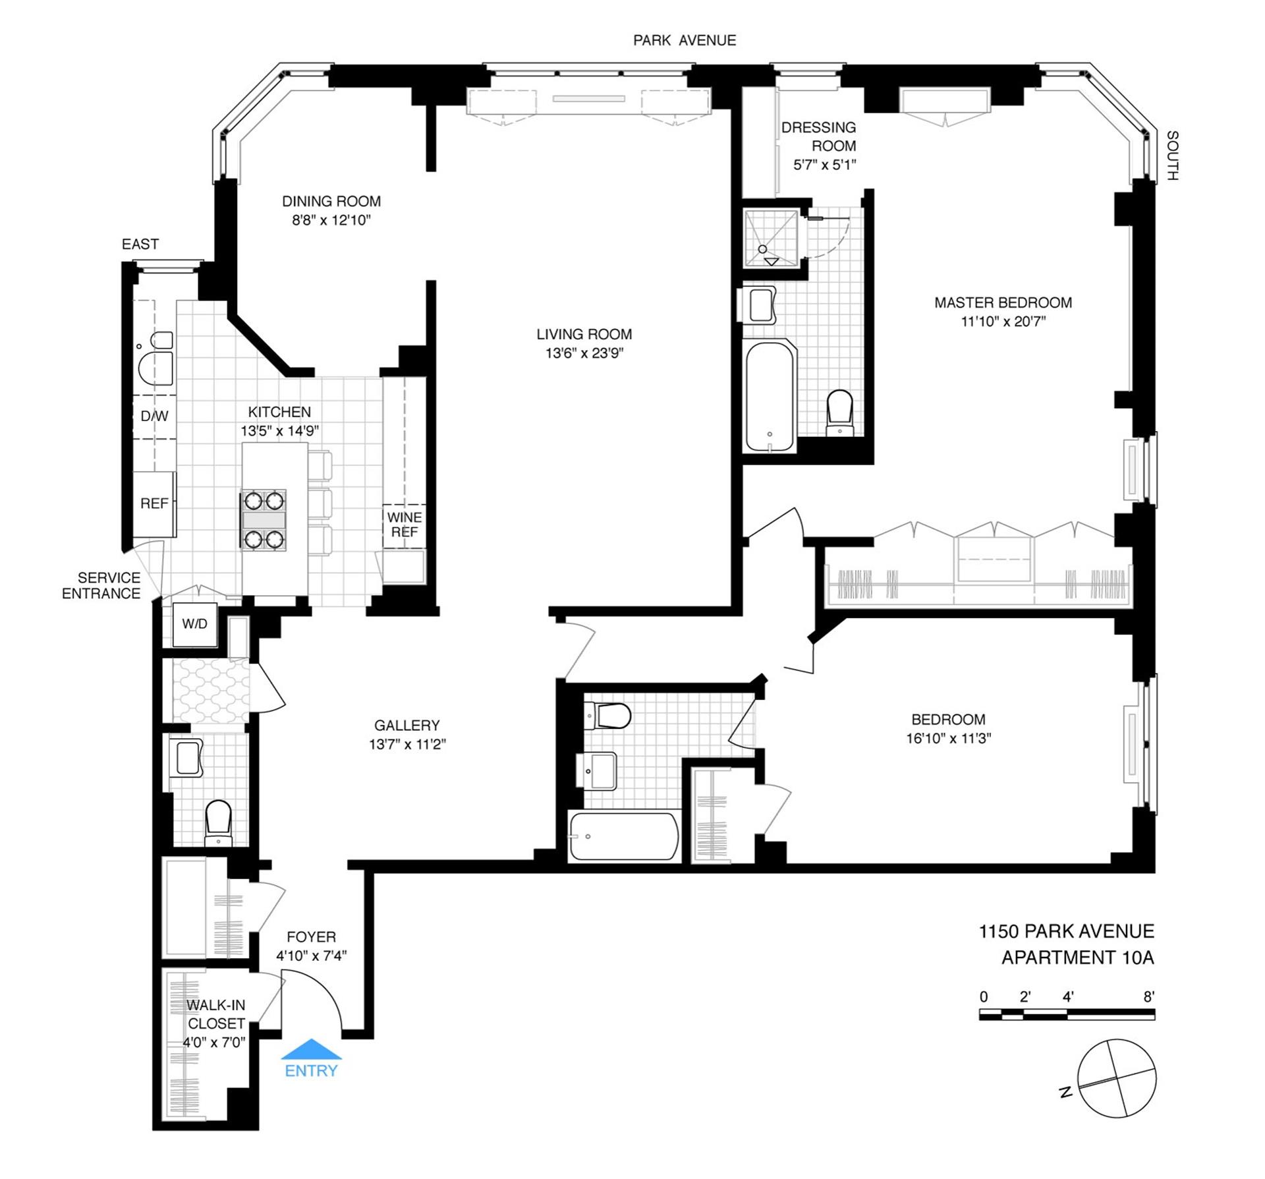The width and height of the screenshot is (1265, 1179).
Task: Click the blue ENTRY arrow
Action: [x=311, y=1049]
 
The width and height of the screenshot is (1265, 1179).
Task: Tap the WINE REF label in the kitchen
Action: [x=405, y=525]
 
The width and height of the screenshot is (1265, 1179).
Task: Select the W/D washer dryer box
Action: [x=194, y=624]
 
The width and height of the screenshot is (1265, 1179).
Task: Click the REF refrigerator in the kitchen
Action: [x=155, y=503]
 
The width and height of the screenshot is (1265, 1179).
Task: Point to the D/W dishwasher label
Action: [x=155, y=416]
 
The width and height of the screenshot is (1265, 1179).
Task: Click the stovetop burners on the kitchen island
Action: [x=264, y=520]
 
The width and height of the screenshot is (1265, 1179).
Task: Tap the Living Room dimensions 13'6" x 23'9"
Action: [x=584, y=353]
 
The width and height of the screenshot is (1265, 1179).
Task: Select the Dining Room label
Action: [x=331, y=201]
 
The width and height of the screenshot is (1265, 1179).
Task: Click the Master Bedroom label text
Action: [x=1003, y=302]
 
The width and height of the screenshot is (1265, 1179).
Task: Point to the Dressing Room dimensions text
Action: [x=825, y=165]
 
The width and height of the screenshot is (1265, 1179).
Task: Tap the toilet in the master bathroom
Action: [x=840, y=413]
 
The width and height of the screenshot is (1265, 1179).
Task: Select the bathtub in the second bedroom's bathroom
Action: [x=624, y=836]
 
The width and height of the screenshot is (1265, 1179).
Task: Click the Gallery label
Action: [x=407, y=726]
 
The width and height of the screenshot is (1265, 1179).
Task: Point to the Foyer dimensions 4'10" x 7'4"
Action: [x=312, y=956]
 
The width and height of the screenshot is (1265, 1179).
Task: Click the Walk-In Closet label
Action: [x=216, y=1014]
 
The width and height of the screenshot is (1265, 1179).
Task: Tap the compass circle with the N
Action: [x=1117, y=1078]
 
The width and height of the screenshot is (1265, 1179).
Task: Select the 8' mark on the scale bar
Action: [x=1149, y=996]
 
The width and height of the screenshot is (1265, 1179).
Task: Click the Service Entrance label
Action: [x=101, y=585]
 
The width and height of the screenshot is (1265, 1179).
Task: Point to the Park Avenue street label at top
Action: [x=685, y=40]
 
